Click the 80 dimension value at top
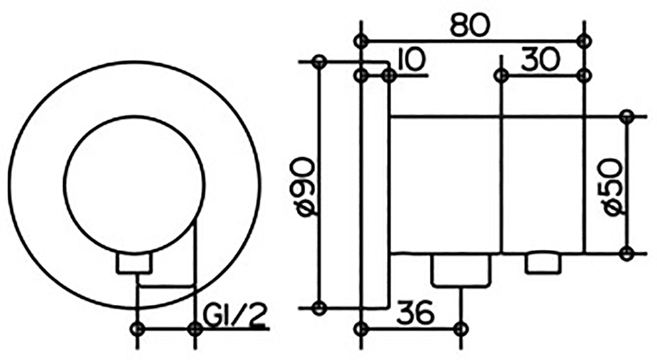[x=470, y=26]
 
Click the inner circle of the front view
[x=135, y=115]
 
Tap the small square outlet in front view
[x=134, y=264]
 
